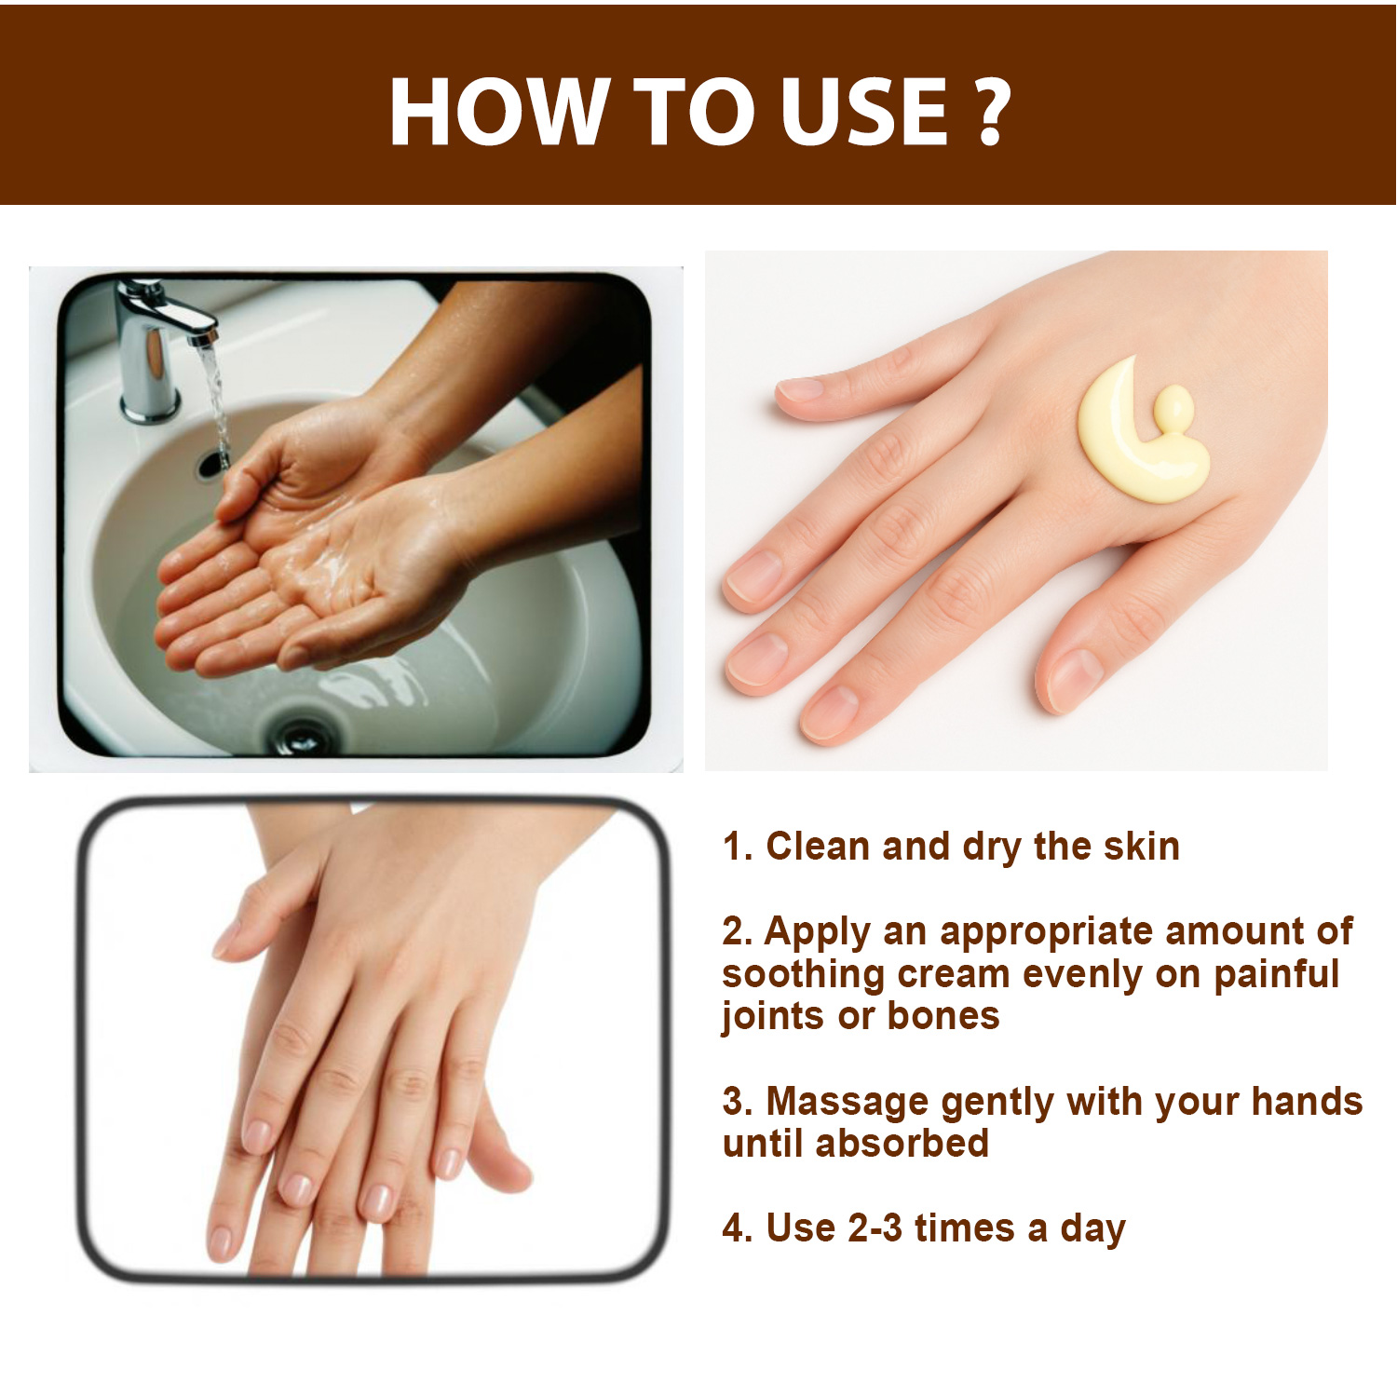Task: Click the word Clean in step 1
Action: click(x=819, y=847)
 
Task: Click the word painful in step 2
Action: click(x=1276, y=974)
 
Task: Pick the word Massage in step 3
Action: click(x=847, y=1103)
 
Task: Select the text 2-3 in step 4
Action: click(x=875, y=1228)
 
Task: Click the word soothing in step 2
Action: click(x=803, y=975)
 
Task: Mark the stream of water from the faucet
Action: click(x=215, y=400)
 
